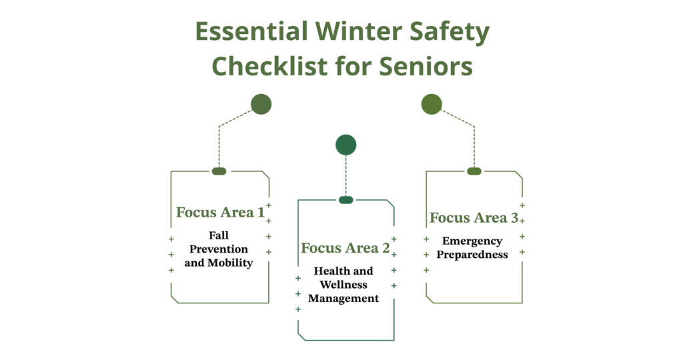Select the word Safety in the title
[x=452, y=32]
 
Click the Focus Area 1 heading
[x=219, y=213]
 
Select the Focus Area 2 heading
[x=345, y=249]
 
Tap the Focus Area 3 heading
[x=473, y=218]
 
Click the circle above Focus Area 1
[x=261, y=104]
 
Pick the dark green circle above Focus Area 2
[x=346, y=145]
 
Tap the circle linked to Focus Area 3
[x=432, y=104]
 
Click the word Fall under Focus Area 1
[x=219, y=235]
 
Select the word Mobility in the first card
[x=230, y=263]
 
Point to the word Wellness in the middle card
[x=344, y=285]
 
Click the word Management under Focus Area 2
[x=344, y=299]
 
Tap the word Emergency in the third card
[x=472, y=241]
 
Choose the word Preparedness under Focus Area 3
[x=472, y=255]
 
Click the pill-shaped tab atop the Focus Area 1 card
[x=219, y=171]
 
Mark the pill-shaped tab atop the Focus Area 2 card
[x=346, y=200]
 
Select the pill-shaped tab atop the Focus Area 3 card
[x=474, y=171]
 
